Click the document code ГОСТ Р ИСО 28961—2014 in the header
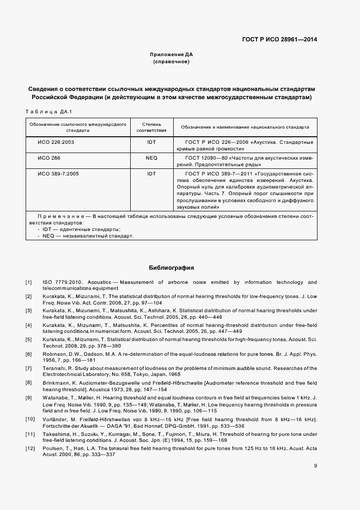(279, 40)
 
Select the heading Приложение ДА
(171, 55)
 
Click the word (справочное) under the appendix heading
(171, 63)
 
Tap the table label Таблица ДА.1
(48, 112)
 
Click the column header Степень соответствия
(151, 127)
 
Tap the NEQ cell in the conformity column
(151, 158)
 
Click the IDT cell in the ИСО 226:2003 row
(151, 142)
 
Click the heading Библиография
(171, 268)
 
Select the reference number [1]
(28, 282)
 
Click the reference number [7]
(28, 369)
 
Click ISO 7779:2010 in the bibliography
(60, 282)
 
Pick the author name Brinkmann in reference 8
(57, 383)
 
